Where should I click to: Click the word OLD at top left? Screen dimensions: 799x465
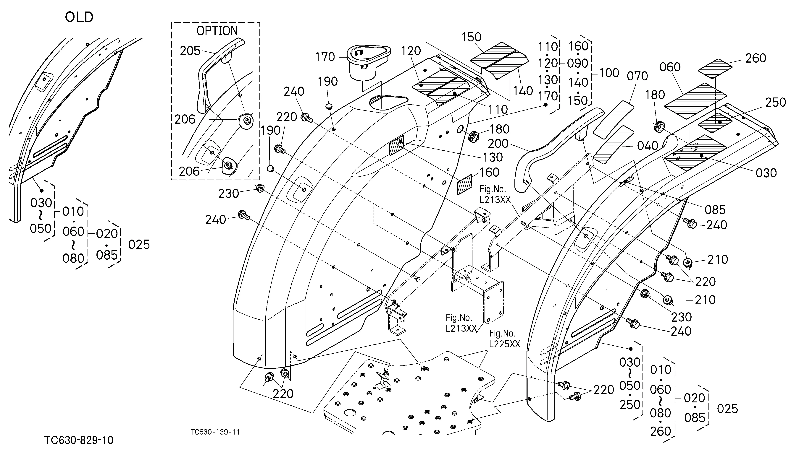coord(79,17)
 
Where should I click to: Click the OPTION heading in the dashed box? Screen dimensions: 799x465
coord(217,31)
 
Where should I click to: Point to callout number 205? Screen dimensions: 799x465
coord(190,51)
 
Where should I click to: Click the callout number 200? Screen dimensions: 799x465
coord(498,144)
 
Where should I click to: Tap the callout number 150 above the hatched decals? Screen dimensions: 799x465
coord(472,37)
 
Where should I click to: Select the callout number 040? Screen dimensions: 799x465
coord(648,146)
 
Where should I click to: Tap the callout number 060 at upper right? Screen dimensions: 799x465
coord(670,67)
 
